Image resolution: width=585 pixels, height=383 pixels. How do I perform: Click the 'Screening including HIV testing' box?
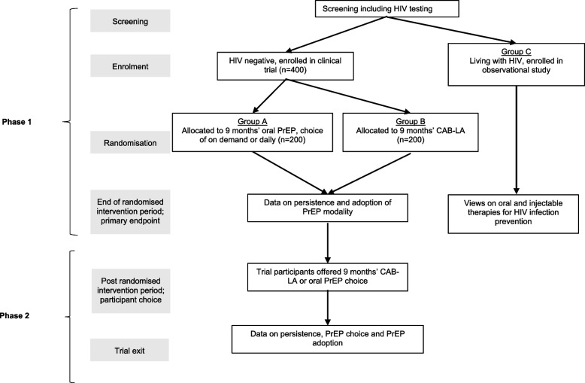tap(387, 9)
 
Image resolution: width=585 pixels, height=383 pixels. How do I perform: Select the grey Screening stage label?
tap(130, 21)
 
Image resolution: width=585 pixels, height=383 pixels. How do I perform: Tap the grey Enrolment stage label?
tap(130, 66)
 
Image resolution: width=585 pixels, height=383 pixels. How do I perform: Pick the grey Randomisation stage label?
tap(130, 142)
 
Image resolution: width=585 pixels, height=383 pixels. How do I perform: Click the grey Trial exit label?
tap(129, 350)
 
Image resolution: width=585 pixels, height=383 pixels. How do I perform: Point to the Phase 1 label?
tap(17, 122)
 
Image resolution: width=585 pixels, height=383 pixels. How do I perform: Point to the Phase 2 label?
tap(14, 315)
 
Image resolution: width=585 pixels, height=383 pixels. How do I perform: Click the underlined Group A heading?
tap(252, 121)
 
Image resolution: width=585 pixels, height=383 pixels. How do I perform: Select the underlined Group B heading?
tap(411, 121)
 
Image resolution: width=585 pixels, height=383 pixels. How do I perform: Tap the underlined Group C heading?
tap(516, 51)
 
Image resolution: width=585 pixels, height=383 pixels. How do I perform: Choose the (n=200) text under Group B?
tap(411, 140)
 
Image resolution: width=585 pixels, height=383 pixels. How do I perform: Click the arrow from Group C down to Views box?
tap(517, 140)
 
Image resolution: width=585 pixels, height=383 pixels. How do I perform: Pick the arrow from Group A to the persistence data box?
tap(290, 173)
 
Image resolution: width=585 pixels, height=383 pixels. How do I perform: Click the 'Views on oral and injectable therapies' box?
tap(514, 214)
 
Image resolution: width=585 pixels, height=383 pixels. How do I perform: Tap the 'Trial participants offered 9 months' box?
tap(328, 277)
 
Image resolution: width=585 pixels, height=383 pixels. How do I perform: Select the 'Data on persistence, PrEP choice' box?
tap(328, 339)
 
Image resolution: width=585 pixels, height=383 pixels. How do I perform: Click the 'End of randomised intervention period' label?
tap(130, 211)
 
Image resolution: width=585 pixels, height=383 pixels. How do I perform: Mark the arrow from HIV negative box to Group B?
tap(347, 96)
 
